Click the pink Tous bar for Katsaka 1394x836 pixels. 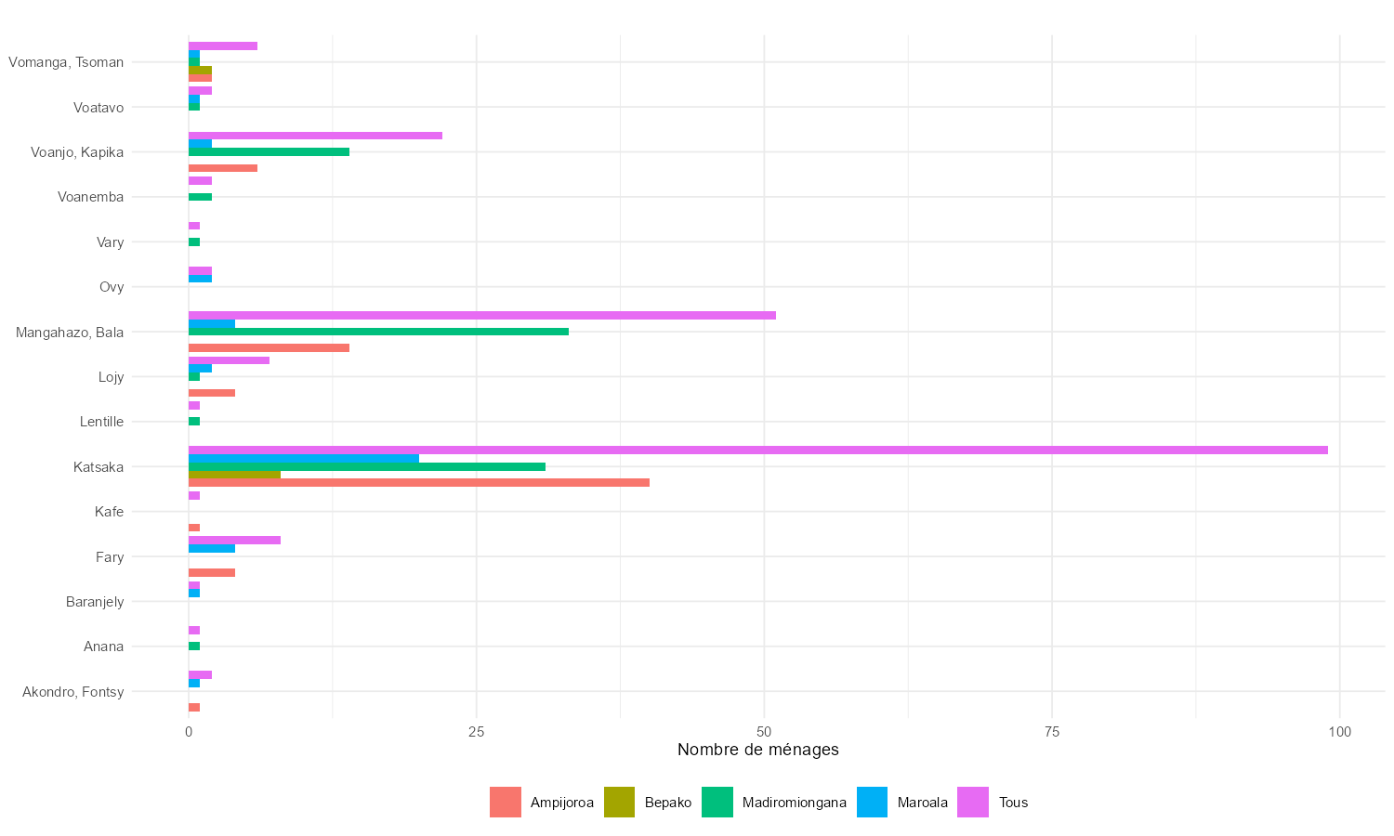pyautogui.click(x=757, y=451)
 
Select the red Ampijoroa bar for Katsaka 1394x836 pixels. pyautogui.click(x=418, y=483)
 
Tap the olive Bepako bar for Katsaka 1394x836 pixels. pyautogui.click(x=234, y=475)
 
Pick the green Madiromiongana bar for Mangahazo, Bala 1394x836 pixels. pyautogui.click(x=378, y=332)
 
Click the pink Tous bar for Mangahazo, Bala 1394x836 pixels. pyautogui.click(x=481, y=316)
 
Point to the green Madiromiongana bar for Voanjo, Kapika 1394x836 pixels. pyautogui.click(x=269, y=151)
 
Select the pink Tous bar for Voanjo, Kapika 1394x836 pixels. pyautogui.click(x=315, y=136)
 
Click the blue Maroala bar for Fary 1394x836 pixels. pyautogui.click(x=212, y=548)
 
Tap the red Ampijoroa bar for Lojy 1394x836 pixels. pyautogui.click(x=212, y=393)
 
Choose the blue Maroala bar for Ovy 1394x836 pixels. pyautogui.click(x=200, y=279)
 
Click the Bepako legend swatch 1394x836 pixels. pyautogui.click(x=620, y=803)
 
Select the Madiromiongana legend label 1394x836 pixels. pyautogui.click(x=794, y=803)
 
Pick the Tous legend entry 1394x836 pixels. pyautogui.click(x=1013, y=803)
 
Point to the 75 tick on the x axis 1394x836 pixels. pyautogui.click(x=1051, y=732)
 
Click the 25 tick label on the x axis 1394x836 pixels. pyautogui.click(x=476, y=732)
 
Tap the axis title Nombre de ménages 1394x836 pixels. pyautogui.click(x=757, y=750)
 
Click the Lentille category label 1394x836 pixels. pyautogui.click(x=101, y=422)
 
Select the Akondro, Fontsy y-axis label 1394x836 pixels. pyautogui.click(x=73, y=692)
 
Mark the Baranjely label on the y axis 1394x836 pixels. pyautogui.click(x=95, y=602)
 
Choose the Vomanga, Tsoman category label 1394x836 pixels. pyautogui.click(x=66, y=62)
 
